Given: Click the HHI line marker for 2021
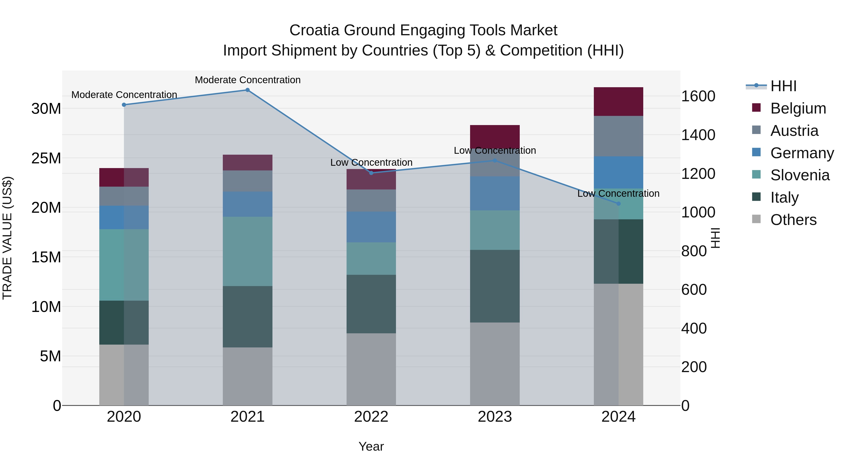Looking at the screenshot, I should click(x=248, y=90).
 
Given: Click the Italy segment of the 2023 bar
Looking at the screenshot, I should click(x=495, y=286).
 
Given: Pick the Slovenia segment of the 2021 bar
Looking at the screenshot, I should click(x=248, y=251).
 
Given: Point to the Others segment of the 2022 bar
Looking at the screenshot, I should click(x=371, y=369).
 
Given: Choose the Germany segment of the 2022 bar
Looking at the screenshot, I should click(x=371, y=227).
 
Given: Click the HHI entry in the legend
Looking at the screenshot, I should click(x=783, y=86).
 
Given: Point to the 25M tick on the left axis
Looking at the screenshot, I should click(x=46, y=158).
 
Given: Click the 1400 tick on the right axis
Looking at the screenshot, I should click(x=698, y=135).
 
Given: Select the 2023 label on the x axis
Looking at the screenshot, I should click(x=495, y=417).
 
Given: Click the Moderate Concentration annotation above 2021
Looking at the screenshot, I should click(x=248, y=80).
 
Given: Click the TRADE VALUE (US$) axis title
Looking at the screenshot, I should click(x=7, y=238).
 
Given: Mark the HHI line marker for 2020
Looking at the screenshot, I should click(x=124, y=105).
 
